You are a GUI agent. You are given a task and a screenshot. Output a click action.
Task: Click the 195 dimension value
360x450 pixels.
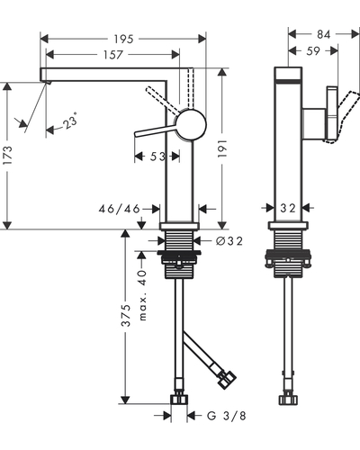coord(123,39)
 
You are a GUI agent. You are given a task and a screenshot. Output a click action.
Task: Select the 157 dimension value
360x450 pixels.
coord(113,55)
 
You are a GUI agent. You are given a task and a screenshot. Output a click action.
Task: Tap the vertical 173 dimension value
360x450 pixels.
coord(7,155)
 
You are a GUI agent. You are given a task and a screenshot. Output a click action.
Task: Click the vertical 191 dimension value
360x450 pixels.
coord(222,148)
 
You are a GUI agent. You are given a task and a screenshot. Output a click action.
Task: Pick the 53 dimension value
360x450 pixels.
coord(157,157)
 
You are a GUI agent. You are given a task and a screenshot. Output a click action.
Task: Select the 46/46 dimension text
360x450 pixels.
coord(120,209)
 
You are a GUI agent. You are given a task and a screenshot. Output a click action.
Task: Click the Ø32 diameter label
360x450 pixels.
coord(229,240)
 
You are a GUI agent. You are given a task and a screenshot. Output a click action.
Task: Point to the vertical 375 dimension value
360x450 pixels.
coord(125,316)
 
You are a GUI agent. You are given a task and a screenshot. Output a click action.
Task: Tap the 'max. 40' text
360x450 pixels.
coord(143,295)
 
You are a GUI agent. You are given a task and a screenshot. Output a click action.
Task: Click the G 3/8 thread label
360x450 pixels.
coord(227,416)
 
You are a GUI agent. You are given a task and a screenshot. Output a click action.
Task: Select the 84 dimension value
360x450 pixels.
coord(324,34)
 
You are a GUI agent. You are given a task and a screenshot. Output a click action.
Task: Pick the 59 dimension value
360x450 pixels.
coord(313,51)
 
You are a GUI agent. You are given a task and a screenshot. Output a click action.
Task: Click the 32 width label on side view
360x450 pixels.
coord(288,208)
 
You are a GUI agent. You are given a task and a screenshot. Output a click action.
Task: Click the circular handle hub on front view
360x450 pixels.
coord(191,124)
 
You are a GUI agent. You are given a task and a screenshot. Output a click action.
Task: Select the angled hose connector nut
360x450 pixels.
coord(227,380)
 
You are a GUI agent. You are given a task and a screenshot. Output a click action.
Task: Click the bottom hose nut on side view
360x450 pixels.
coord(288,400)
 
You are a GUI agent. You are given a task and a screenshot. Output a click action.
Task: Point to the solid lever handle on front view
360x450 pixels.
coord(156,130)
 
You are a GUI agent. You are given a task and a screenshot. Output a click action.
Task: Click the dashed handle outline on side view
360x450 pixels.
coord(346,115)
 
